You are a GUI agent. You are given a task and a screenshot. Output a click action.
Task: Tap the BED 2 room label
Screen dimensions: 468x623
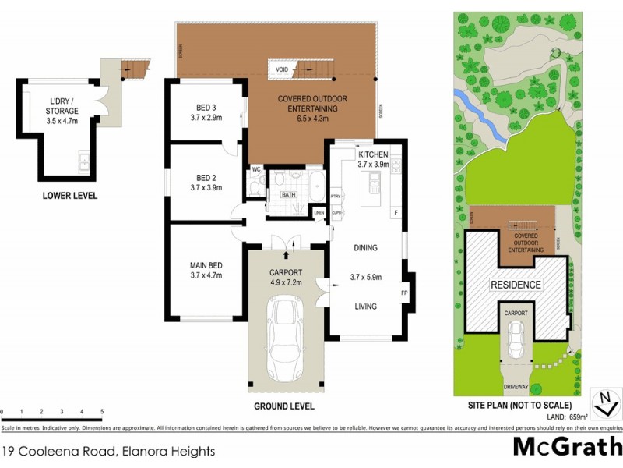pyautogui.click(x=206, y=177)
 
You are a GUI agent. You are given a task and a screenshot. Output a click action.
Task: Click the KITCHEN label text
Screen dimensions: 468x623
pyautogui.click(x=372, y=154)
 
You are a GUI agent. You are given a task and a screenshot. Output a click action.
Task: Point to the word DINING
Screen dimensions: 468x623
pyautogui.click(x=364, y=248)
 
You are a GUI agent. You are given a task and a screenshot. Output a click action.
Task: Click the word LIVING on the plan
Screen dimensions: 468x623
pyautogui.click(x=364, y=307)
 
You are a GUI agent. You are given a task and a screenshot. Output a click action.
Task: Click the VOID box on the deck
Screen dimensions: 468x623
pyautogui.click(x=281, y=69)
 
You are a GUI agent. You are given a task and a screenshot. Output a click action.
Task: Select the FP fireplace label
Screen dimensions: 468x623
pyautogui.click(x=404, y=293)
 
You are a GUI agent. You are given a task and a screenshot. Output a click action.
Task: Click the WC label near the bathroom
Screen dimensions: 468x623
pyautogui.click(x=255, y=169)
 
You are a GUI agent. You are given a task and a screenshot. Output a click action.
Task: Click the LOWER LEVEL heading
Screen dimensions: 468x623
pyautogui.click(x=70, y=196)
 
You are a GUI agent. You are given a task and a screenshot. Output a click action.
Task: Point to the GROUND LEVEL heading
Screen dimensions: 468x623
pyautogui.click(x=284, y=406)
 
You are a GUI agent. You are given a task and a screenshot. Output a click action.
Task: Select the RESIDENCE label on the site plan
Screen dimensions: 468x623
pyautogui.click(x=516, y=285)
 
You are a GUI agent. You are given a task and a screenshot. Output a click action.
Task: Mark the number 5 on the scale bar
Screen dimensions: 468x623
pyautogui.click(x=101, y=411)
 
